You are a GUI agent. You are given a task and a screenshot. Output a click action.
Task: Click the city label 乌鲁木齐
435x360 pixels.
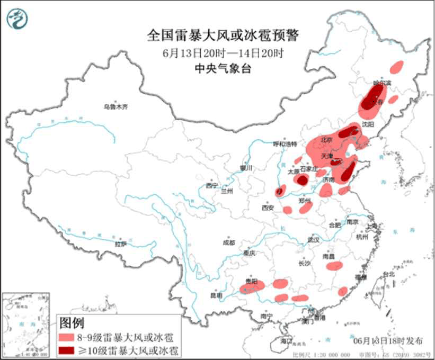[116, 107]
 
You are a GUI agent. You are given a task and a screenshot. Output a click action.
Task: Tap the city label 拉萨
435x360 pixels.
[121, 244]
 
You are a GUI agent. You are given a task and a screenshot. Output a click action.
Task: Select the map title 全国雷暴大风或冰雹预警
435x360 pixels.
[223, 36]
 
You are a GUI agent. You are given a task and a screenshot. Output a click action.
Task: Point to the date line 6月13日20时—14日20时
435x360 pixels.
[223, 53]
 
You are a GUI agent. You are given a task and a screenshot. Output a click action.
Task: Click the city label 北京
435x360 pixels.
[326, 140]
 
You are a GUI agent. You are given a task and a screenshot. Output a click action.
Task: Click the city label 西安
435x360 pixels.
[267, 208]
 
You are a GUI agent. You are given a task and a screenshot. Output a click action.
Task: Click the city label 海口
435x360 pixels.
[287, 339]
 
